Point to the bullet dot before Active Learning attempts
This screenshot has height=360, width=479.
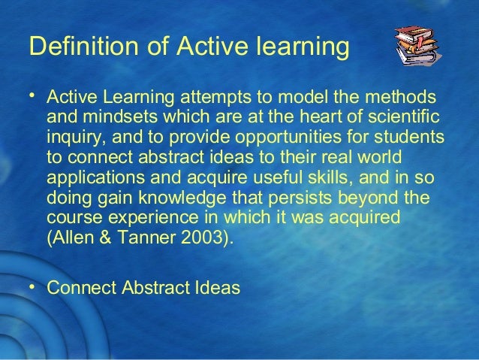click(x=33, y=95)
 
